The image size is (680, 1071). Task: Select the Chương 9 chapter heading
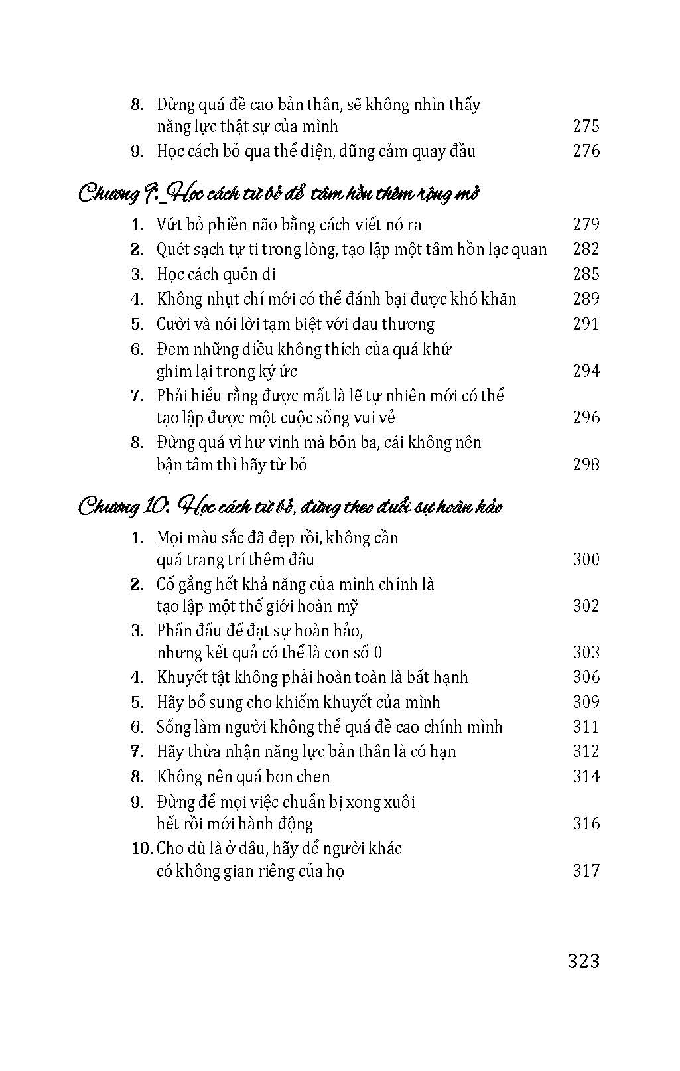279,194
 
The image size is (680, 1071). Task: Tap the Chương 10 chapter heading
290,508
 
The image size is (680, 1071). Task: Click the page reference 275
586,126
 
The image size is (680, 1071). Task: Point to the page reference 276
586,151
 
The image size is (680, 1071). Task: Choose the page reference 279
586,224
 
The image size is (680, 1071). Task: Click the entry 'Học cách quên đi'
216,274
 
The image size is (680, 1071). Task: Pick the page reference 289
586,299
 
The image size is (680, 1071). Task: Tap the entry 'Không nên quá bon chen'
243,776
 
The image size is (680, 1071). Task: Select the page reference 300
586,559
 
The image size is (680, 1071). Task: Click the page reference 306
586,677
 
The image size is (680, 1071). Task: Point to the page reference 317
586,870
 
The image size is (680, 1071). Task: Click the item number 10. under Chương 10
142,848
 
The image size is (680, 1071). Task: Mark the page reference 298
586,464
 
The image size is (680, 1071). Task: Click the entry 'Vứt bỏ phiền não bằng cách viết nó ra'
289,224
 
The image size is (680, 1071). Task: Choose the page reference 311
586,727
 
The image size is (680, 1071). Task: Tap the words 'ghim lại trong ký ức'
226,371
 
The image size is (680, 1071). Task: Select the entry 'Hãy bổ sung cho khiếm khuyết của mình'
298,702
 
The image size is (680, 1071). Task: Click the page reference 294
586,371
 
